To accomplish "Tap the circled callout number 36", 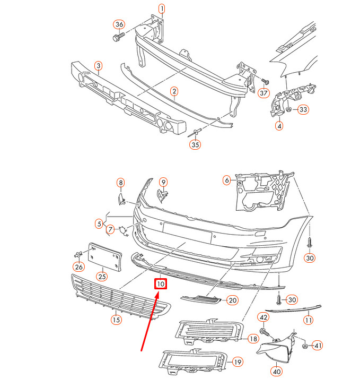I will [119, 25].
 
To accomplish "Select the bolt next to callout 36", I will [117, 38].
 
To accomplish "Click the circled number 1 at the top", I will [162, 8].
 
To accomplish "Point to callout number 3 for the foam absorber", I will [99, 65].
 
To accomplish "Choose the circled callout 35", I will [196, 144].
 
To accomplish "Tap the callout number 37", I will [264, 93].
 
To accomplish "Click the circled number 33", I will [303, 110].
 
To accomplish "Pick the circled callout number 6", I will [227, 180].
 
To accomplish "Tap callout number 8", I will [120, 183].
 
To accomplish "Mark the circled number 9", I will [163, 182].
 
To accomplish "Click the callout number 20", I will [232, 300].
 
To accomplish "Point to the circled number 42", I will [264, 317].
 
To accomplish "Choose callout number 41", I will [318, 346].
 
